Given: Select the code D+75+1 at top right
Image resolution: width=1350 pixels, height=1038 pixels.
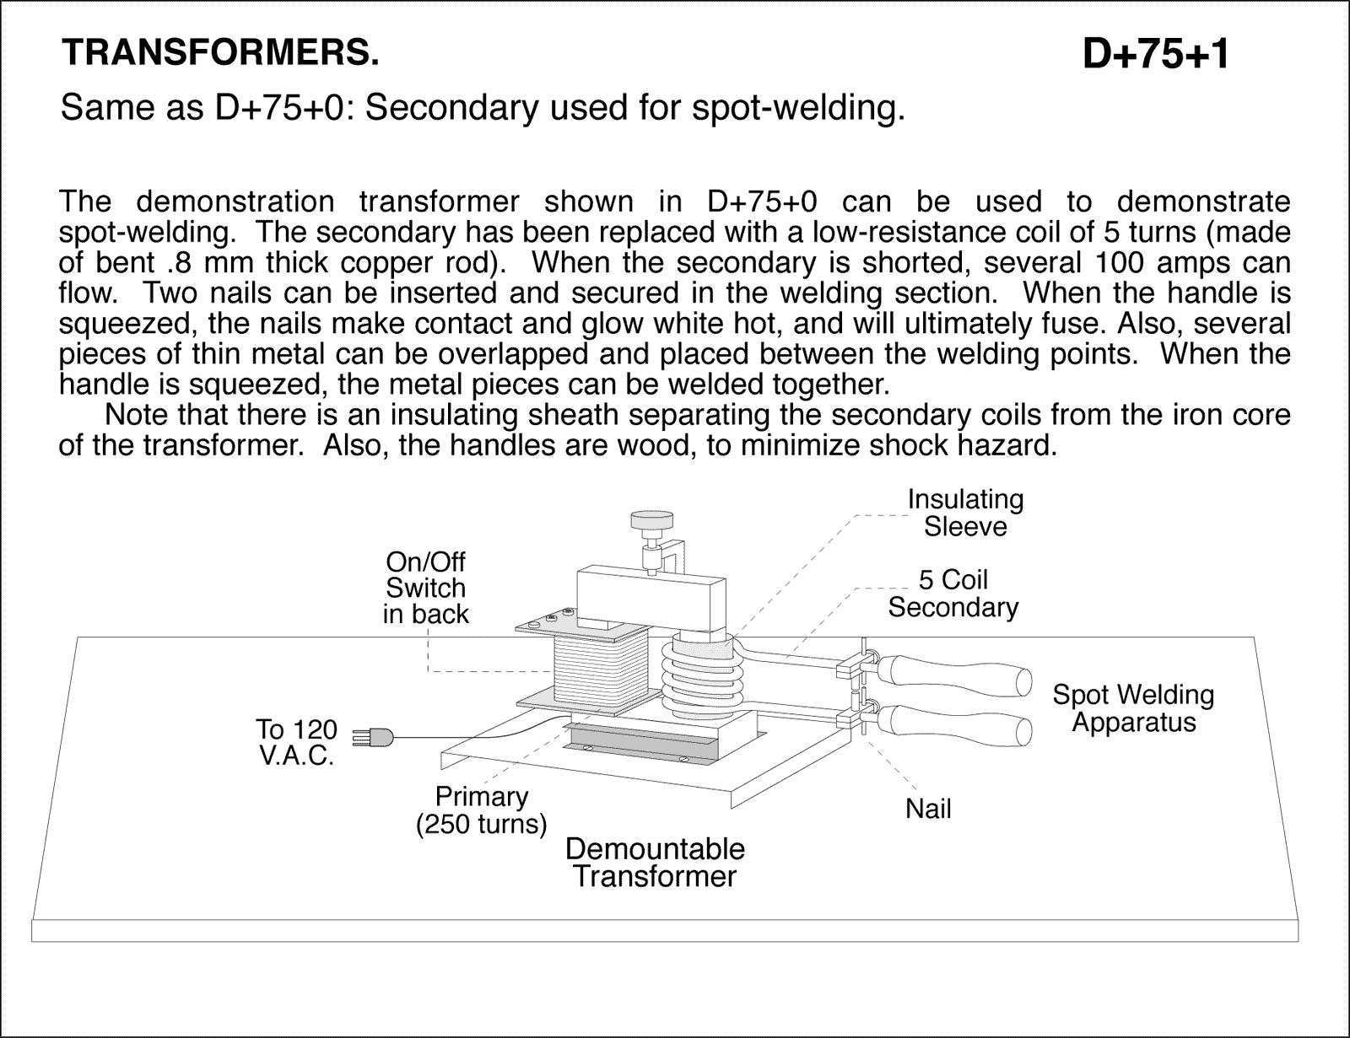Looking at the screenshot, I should (1155, 56).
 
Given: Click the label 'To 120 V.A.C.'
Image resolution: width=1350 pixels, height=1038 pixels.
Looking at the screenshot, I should (296, 742).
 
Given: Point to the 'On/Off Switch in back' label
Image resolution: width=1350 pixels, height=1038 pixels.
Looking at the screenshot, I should (425, 588).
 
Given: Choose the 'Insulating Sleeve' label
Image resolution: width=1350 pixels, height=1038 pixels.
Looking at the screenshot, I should (965, 513).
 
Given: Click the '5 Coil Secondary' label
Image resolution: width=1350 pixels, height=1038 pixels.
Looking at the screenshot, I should (953, 594).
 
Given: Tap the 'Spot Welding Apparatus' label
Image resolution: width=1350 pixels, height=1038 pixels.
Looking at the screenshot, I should (1133, 708).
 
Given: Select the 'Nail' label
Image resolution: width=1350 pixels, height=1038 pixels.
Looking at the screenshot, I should (928, 809).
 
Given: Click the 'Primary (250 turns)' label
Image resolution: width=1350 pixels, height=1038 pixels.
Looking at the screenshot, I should (482, 809).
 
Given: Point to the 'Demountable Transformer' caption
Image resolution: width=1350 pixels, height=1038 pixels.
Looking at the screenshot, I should (655, 862).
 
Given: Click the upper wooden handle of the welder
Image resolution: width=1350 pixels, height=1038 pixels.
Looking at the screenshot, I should (953, 675).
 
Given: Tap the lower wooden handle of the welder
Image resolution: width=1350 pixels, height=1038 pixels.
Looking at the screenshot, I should (953, 723).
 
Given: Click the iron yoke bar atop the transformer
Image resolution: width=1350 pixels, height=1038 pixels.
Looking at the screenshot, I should (650, 599).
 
